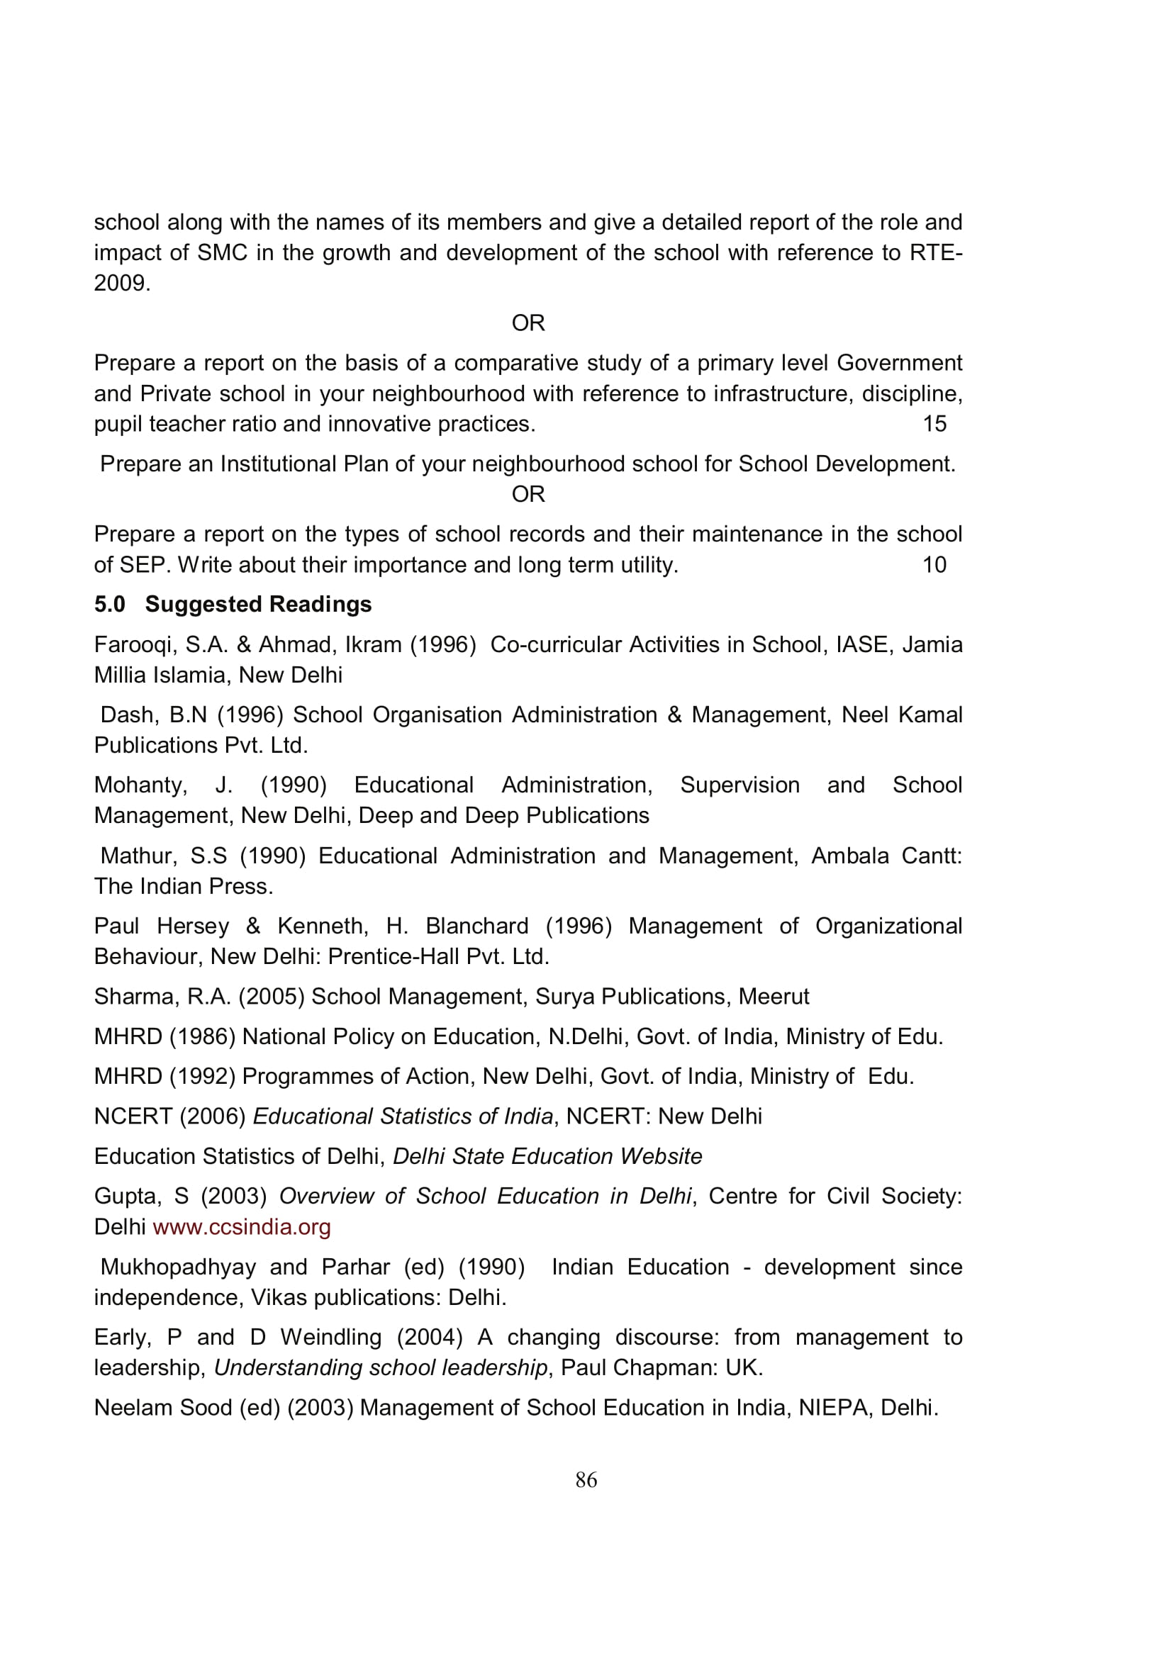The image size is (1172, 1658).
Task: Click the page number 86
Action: point(586,1480)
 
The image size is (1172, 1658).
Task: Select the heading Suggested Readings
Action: point(258,605)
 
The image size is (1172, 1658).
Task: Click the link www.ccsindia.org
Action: point(241,1227)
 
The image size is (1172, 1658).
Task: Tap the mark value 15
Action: point(934,424)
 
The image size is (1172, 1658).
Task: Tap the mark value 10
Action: point(934,565)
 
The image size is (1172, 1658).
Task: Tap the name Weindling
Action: point(330,1338)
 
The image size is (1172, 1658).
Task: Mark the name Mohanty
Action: point(140,785)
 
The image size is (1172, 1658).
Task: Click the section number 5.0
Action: point(109,605)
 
